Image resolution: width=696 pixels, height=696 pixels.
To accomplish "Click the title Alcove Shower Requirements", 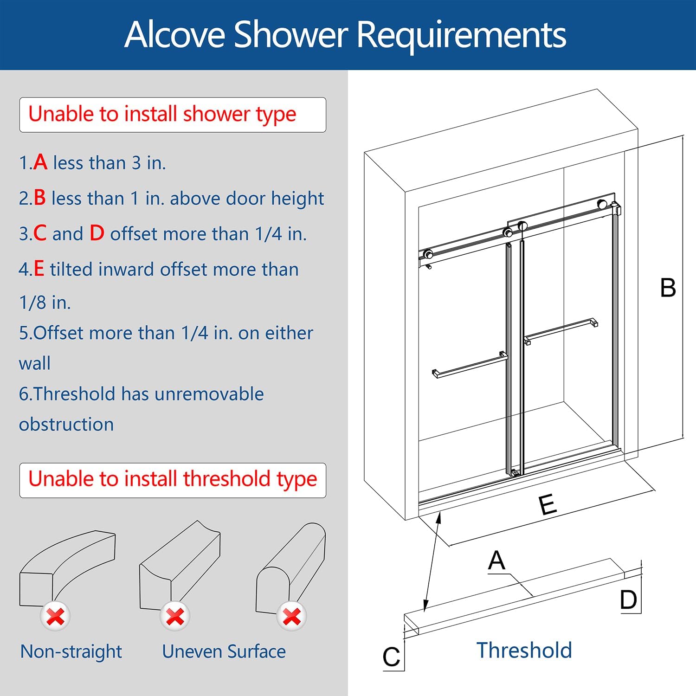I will [345, 34].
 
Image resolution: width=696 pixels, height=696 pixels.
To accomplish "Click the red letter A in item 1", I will [40, 162].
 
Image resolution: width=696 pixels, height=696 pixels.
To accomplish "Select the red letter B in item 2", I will [39, 198].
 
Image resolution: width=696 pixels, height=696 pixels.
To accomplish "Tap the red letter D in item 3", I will [97, 233].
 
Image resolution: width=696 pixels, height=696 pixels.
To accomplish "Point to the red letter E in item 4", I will [39, 269].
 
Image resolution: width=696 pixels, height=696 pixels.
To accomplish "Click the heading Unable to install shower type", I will [162, 114].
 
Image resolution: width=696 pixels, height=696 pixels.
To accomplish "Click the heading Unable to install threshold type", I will [172, 479].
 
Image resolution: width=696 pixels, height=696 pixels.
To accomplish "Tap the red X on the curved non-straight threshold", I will [55, 617].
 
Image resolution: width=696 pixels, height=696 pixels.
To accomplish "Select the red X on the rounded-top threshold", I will [291, 617].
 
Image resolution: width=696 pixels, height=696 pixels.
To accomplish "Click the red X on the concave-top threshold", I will [174, 617].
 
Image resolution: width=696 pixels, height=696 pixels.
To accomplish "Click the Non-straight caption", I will [71, 651].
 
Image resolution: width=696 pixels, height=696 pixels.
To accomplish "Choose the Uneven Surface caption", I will [224, 651].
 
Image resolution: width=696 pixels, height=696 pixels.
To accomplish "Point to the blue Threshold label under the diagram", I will [524, 650].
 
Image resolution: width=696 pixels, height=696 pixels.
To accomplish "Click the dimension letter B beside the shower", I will [668, 288].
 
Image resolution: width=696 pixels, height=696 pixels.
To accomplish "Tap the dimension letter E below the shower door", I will [548, 504].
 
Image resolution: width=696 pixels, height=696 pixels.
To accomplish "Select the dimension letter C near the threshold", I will [391, 657].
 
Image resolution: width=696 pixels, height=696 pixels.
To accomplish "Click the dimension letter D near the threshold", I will [629, 600].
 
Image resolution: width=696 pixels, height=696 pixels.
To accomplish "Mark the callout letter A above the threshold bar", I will [496, 561].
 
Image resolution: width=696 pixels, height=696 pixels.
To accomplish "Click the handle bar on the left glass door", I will [470, 367].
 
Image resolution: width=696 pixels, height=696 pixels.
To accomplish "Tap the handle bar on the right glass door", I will [561, 330].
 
